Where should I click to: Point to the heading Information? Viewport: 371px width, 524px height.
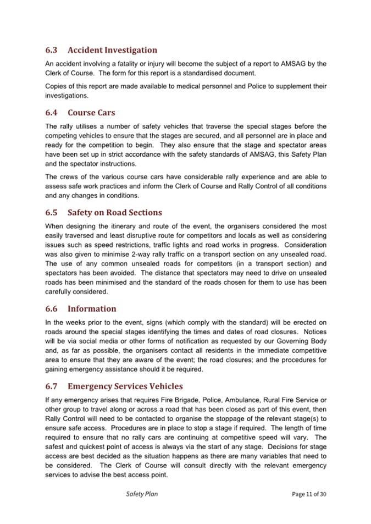click(x=92, y=308)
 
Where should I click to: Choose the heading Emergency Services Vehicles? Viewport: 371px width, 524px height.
click(x=125, y=387)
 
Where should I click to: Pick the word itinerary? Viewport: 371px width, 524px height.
click(x=125, y=226)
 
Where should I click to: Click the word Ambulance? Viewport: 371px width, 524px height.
click(x=253, y=400)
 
